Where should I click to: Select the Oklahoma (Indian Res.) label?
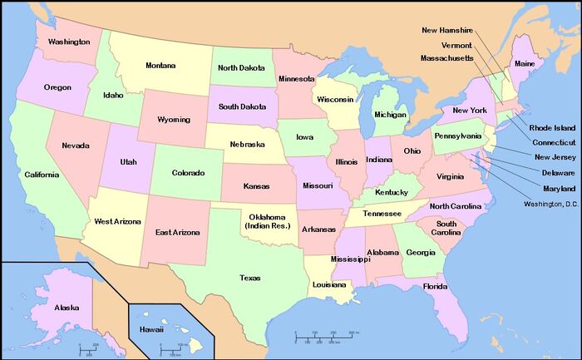click(267, 221)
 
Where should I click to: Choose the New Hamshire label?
click(453, 31)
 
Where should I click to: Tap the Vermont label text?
click(456, 45)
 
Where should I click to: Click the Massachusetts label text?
click(447, 58)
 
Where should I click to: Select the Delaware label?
click(558, 172)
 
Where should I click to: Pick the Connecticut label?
click(551, 142)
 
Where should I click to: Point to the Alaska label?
click(67, 308)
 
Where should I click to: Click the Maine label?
click(525, 63)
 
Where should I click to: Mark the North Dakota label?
click(242, 68)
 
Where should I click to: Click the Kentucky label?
click(392, 192)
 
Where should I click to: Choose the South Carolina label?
click(446, 229)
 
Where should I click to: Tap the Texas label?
click(249, 278)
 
